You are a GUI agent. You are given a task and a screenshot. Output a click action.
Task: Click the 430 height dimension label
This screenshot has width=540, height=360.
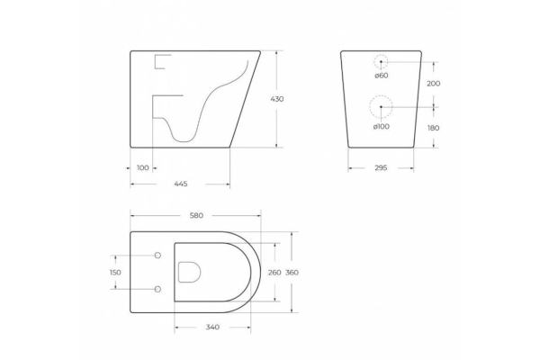277,99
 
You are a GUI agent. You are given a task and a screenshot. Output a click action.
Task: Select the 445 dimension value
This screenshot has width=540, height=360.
180,184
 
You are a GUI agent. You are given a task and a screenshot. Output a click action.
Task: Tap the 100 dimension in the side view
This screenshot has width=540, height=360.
142,167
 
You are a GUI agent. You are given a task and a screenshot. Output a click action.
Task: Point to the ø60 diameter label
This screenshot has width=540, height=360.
382,76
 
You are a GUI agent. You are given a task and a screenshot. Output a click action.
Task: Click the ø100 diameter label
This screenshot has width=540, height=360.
382,126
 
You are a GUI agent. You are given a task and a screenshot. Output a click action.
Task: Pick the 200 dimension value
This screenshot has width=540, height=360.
434,83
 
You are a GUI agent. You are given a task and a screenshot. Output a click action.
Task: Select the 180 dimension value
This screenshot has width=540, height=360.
434,128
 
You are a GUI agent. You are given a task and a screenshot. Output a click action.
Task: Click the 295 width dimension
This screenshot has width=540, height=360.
381,167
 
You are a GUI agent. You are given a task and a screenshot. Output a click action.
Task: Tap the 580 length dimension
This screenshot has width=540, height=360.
195,215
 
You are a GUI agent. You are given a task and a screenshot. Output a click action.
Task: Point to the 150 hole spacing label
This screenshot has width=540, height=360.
114,273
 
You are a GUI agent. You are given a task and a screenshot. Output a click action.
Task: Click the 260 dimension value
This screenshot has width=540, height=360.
274,273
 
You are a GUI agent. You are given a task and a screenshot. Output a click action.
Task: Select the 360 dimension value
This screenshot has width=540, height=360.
292,273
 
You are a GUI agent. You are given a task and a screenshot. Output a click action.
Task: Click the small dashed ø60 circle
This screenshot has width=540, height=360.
382,62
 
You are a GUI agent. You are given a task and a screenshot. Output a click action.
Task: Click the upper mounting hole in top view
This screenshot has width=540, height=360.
157,256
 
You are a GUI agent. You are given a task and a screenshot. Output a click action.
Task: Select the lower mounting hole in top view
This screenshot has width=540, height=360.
157,289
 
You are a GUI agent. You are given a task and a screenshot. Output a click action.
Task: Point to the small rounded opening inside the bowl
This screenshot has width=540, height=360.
190,272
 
